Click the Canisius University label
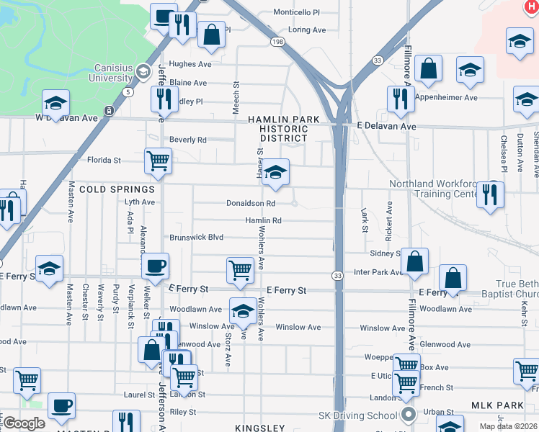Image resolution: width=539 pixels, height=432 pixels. [114, 73]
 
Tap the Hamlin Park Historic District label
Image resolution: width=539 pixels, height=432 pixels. [278, 128]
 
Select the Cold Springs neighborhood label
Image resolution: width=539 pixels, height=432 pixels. [117, 189]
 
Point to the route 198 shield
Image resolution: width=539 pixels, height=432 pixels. [278, 42]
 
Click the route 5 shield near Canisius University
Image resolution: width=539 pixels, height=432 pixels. [128, 92]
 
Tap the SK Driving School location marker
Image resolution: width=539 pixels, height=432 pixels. [409, 415]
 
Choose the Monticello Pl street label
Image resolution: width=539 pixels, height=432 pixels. [297, 12]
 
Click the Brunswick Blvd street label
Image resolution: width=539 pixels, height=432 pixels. [196, 237]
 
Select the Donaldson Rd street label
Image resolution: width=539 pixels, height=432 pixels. [250, 203]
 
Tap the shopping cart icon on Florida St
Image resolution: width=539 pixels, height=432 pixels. [158, 162]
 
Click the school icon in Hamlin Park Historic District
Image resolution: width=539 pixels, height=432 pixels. [275, 174]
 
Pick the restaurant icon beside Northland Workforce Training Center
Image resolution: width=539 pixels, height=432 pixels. [490, 194]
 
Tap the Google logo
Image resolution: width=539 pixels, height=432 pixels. [24, 423]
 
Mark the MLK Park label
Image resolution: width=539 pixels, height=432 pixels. [497, 406]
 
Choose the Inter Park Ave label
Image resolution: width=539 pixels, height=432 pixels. [378, 273]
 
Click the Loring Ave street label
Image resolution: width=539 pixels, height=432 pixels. [308, 30]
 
